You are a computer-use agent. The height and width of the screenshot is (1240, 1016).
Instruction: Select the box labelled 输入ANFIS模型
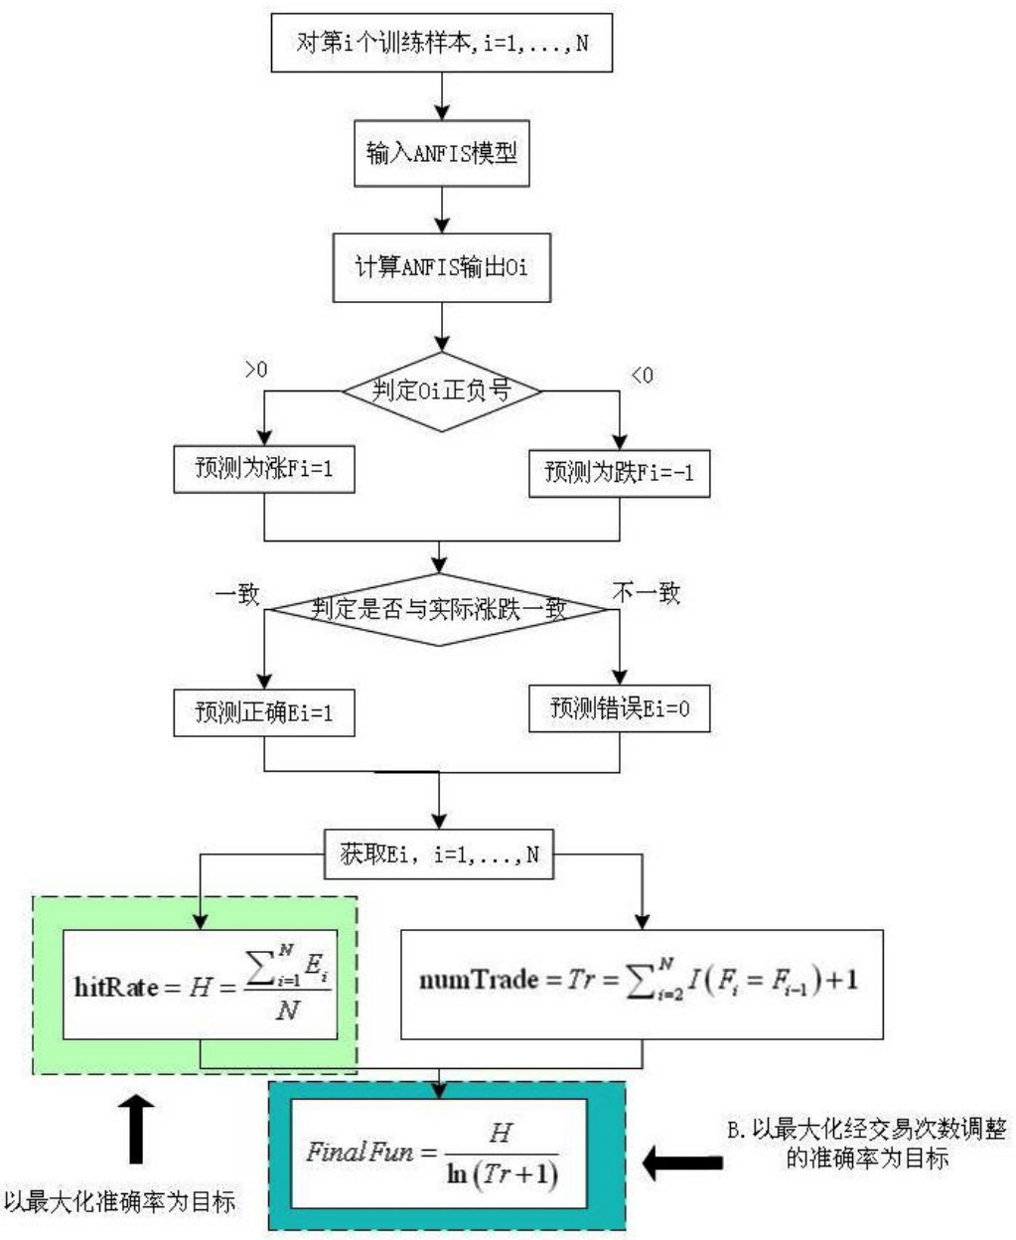click(x=442, y=154)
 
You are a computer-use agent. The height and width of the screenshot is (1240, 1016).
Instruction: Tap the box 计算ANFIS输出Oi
click(x=442, y=267)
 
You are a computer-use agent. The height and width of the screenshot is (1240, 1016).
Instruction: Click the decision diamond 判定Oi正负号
click(x=442, y=390)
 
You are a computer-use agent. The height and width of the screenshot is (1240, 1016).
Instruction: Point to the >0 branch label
click(x=256, y=370)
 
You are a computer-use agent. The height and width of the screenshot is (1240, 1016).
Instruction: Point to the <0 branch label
click(x=643, y=376)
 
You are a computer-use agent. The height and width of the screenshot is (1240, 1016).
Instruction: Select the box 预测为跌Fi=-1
click(x=620, y=472)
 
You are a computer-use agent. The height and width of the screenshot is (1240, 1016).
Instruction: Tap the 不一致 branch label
click(x=646, y=593)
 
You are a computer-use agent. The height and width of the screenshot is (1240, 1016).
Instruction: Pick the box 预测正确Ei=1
click(x=263, y=712)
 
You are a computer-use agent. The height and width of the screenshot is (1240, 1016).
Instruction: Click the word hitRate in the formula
click(x=115, y=988)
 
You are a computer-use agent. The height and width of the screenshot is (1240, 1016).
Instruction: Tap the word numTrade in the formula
click(x=478, y=981)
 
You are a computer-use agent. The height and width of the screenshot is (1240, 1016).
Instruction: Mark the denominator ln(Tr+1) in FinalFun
click(x=502, y=1173)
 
